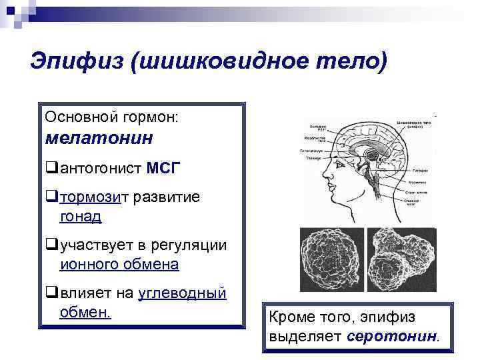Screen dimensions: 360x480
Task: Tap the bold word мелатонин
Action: [99, 139]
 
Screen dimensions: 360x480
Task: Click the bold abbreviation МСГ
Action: [163, 167]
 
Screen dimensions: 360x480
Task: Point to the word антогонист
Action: [100, 167]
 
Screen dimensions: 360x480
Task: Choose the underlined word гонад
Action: [81, 216]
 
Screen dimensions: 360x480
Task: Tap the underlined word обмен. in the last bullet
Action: [85, 312]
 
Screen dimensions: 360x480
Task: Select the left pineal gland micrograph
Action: [331, 260]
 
